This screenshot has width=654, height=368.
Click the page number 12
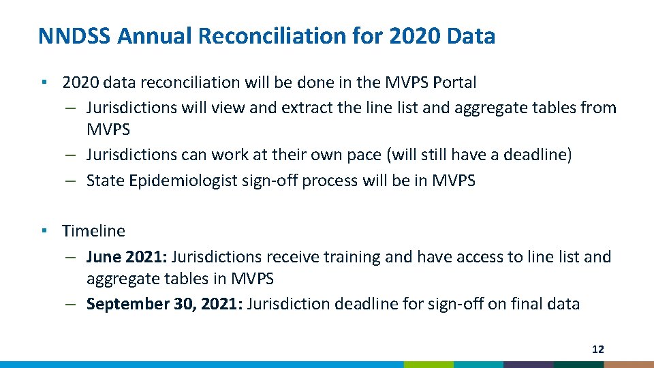(x=597, y=350)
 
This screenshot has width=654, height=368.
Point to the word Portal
(x=452, y=82)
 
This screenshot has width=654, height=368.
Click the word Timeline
(x=93, y=231)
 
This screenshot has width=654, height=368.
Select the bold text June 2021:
(x=127, y=257)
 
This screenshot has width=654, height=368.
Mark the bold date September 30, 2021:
(x=164, y=304)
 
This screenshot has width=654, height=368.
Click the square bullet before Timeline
(x=43, y=230)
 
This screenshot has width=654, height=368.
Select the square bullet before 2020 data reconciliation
(x=43, y=82)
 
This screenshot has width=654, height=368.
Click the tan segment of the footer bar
(x=629, y=365)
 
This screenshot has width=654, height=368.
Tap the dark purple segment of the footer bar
(x=528, y=365)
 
